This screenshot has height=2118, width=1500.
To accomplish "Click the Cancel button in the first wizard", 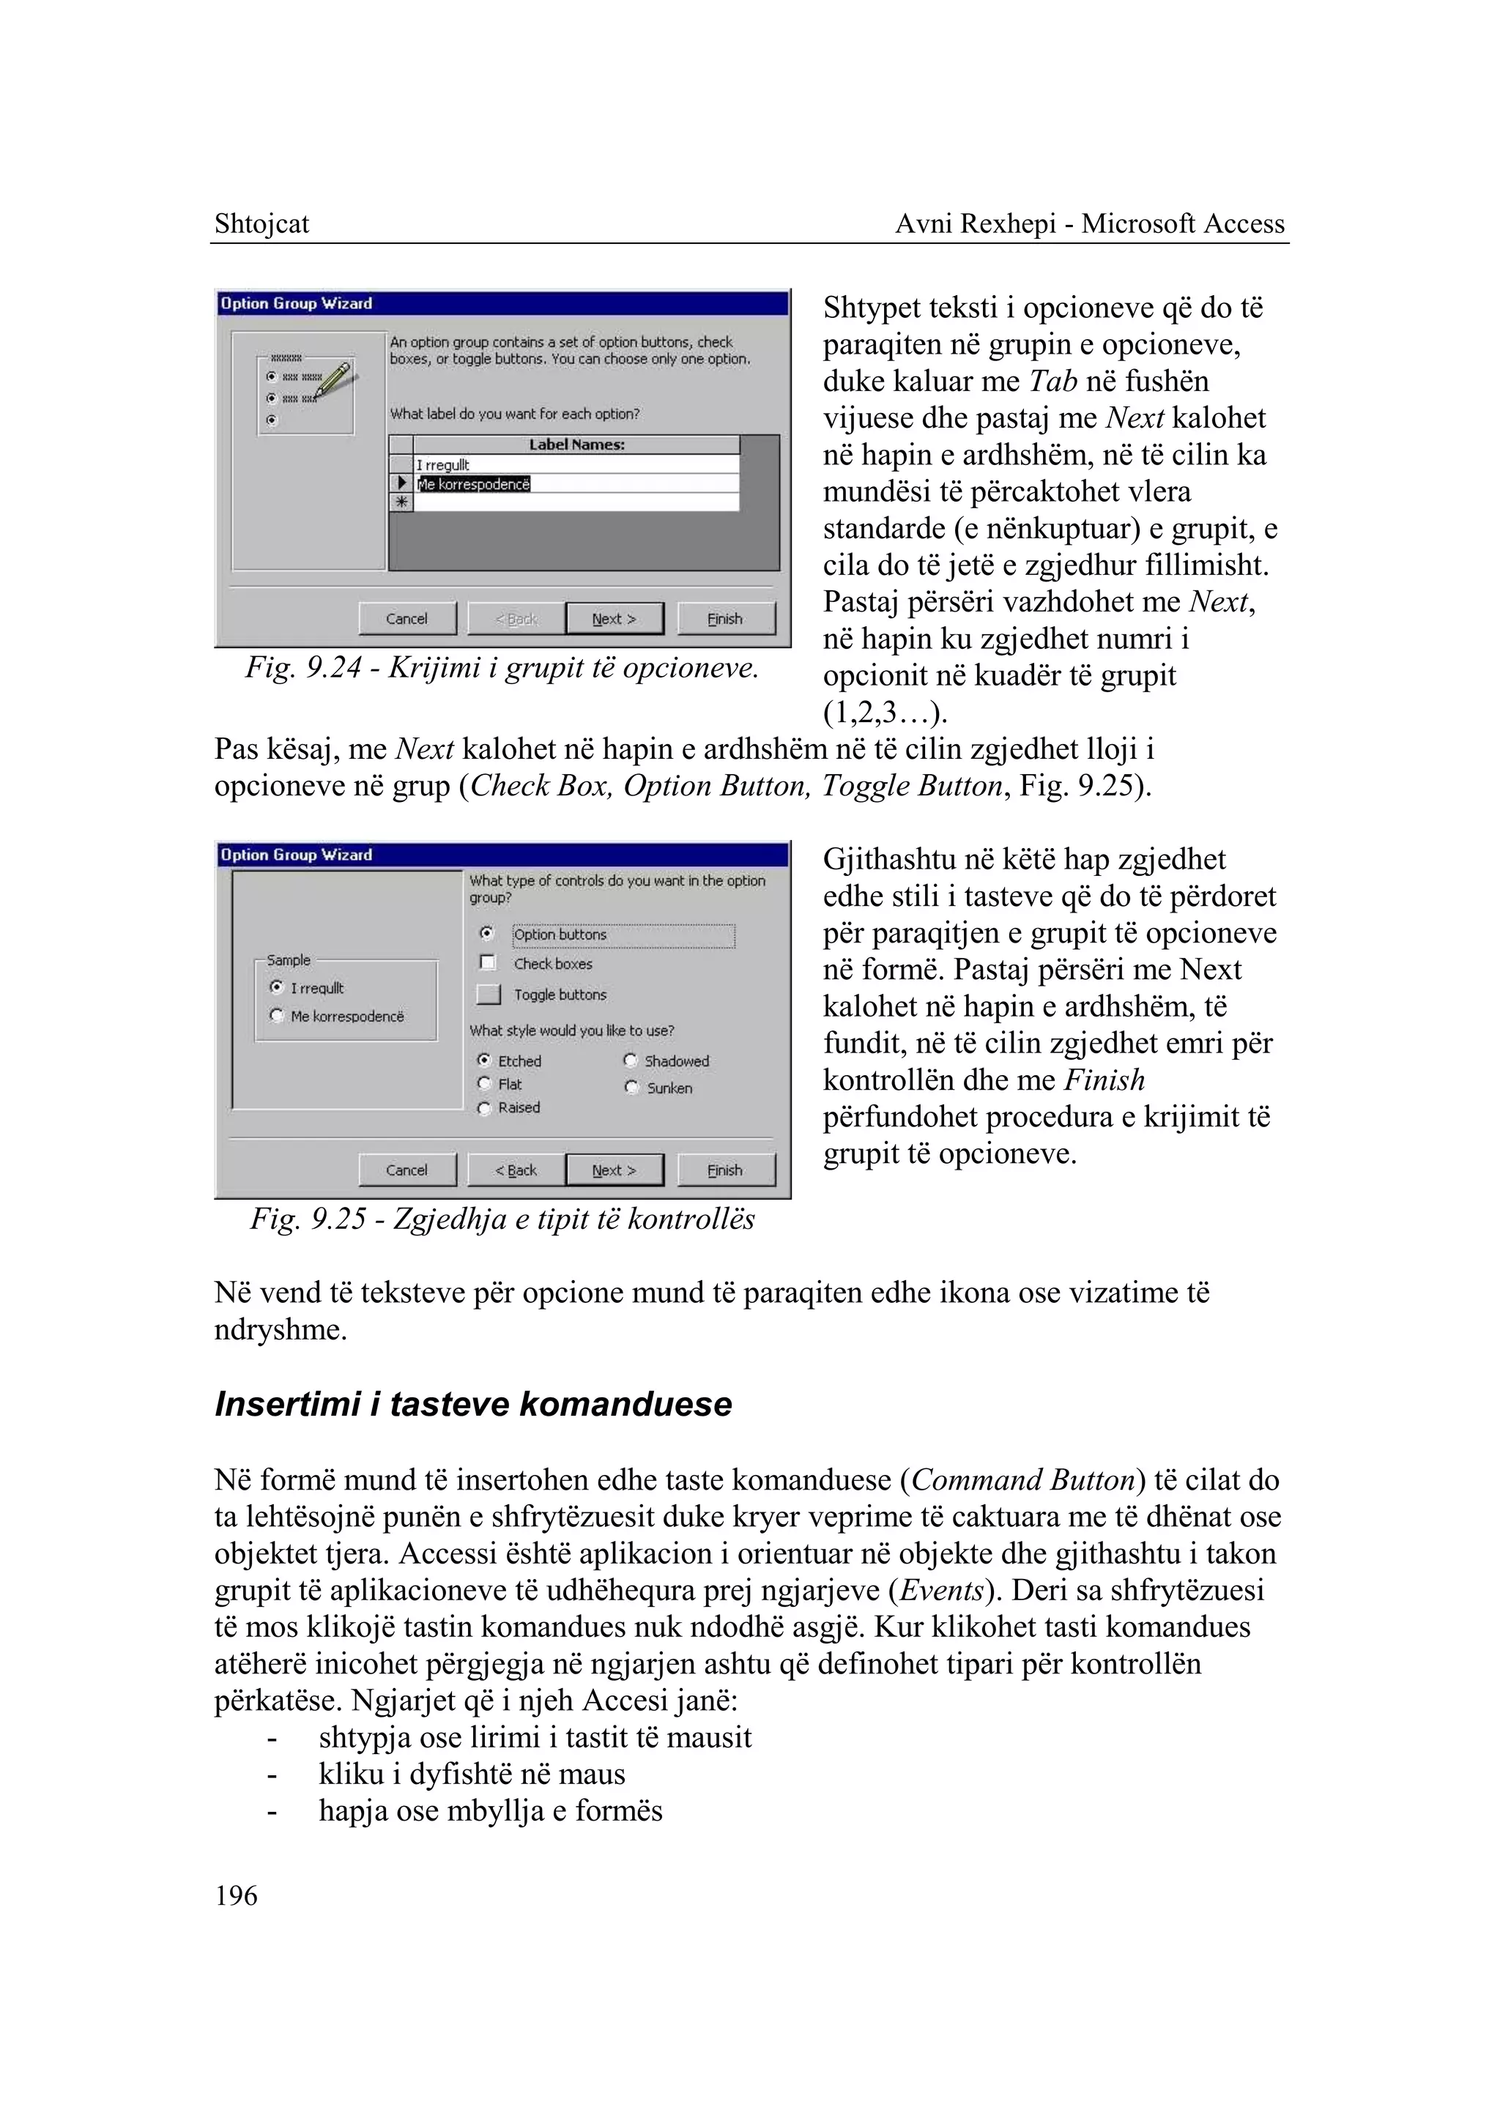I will pos(406,619).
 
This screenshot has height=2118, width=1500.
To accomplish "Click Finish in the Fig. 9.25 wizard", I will pos(725,1170).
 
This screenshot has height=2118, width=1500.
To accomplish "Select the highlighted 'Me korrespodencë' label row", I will pos(474,484).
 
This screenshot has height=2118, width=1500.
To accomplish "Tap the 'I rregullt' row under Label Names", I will pos(443,464).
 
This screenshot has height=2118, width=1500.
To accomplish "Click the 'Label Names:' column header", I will pos(576,445).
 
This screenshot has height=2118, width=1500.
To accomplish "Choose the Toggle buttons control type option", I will pos(489,995).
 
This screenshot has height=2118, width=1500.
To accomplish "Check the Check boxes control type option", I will pos(488,963).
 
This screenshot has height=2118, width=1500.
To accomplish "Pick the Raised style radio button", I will pos(484,1108).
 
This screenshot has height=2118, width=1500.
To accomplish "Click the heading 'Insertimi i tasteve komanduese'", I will pos(473,1405).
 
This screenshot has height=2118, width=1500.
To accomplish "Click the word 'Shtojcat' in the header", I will pos(261,224).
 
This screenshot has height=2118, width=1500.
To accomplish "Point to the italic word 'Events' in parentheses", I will pos(941,1591).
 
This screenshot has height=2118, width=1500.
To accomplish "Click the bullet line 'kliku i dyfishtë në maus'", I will pos(471,1775).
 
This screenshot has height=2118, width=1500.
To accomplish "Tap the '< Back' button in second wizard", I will pos(516,1170).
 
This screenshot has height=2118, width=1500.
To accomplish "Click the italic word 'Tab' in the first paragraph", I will pos(1053,382).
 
